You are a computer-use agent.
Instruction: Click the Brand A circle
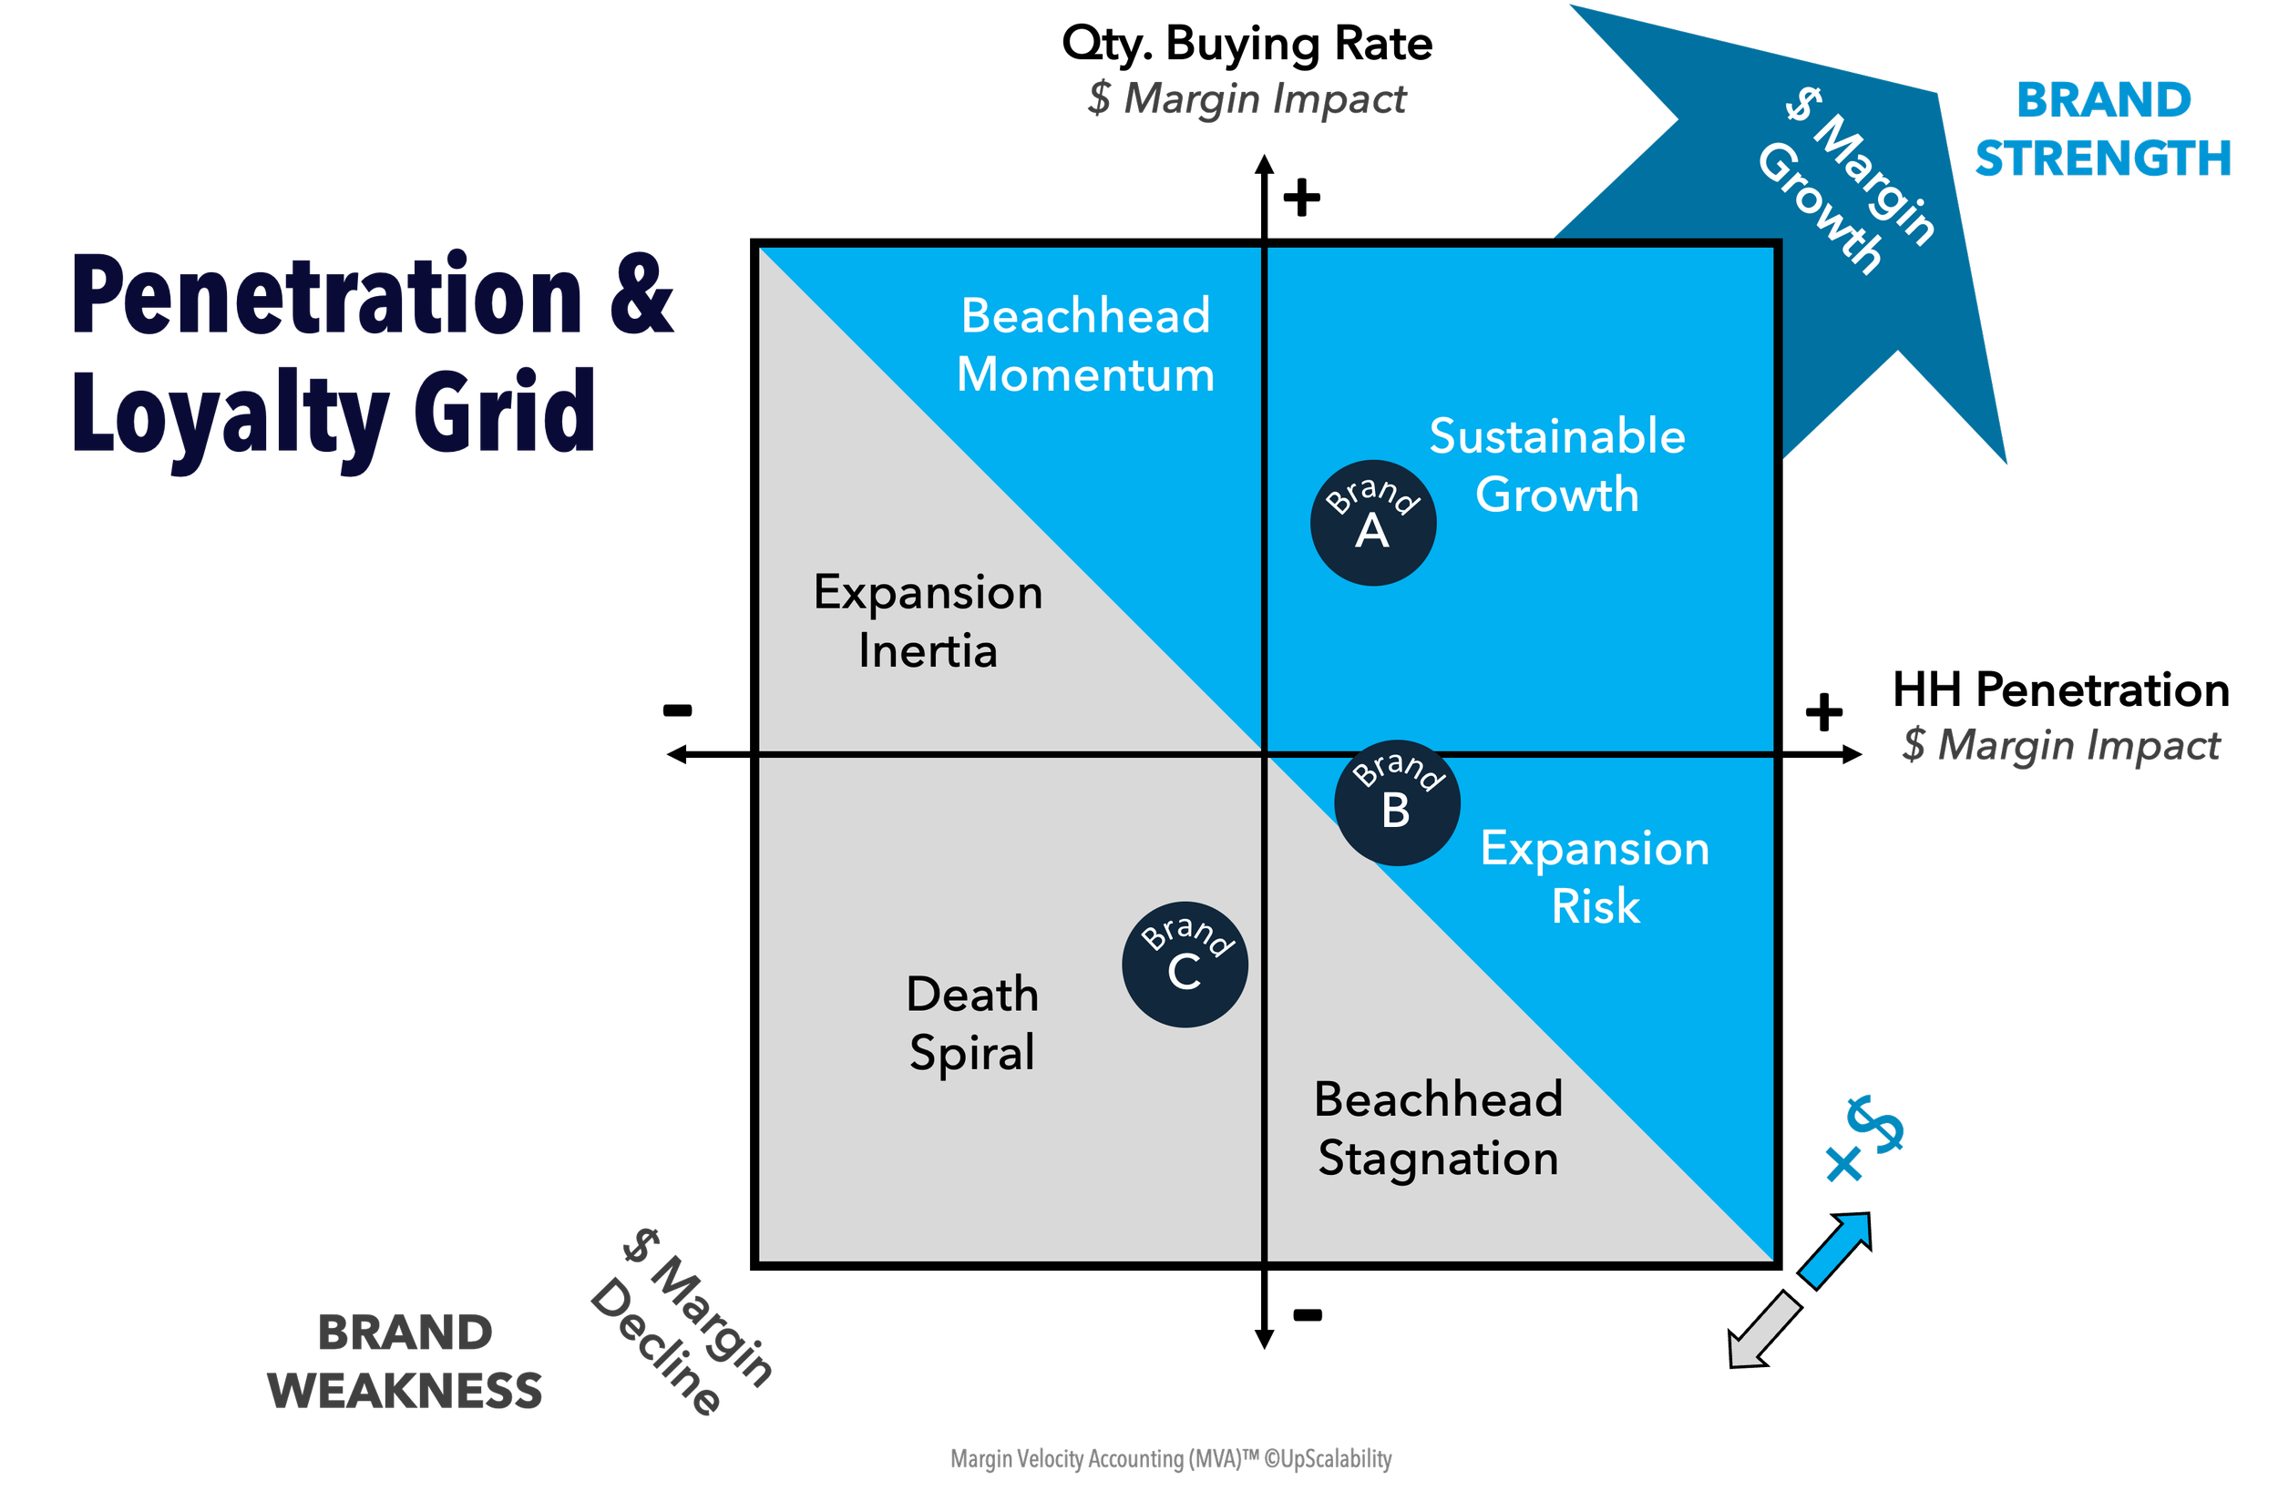coord(1372,523)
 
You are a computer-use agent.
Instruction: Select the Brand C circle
coord(1185,965)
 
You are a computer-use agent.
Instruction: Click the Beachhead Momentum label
coord(1085,344)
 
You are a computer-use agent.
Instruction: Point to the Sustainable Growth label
coord(1557,465)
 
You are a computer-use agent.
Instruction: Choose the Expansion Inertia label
coord(928,621)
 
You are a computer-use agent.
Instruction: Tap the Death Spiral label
coord(972,1023)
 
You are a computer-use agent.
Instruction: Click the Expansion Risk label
coord(1596,876)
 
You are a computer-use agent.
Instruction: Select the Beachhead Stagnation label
coord(1438,1128)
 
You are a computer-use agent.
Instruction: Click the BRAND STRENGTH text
coord(2103,129)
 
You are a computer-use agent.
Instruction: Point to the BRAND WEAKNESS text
coord(405,1361)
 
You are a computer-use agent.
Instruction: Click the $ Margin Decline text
coord(682,1323)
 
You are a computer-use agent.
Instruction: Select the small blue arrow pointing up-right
coord(1836,1249)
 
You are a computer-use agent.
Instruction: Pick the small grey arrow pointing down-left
coord(1763,1330)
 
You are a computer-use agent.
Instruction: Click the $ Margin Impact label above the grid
coord(1247,99)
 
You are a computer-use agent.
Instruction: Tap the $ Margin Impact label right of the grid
coord(2062,745)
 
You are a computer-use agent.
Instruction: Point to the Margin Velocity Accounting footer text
coord(1171,1458)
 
